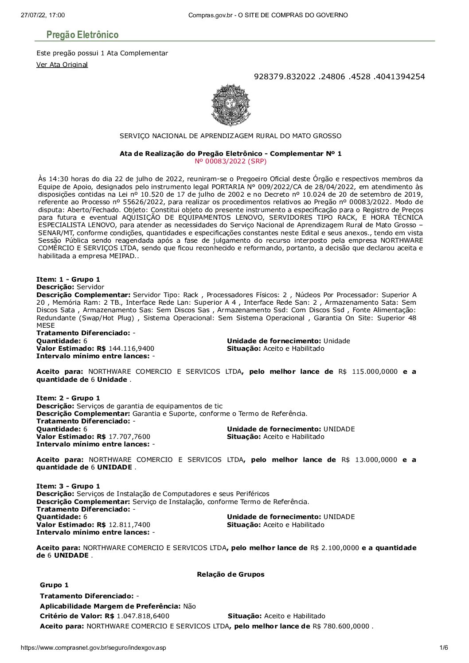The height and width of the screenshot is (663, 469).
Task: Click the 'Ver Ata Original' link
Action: [62, 65]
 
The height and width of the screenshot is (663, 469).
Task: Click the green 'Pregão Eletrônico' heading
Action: [82, 35]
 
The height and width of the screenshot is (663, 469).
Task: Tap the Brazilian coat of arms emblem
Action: [231, 105]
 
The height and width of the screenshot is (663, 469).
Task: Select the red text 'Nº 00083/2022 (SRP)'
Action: [231, 161]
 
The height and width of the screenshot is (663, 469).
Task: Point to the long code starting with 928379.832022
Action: [339, 77]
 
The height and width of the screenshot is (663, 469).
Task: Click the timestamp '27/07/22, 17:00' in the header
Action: [43, 15]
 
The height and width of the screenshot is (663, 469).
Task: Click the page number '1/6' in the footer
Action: [443, 647]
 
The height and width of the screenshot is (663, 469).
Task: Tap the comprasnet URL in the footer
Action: [93, 647]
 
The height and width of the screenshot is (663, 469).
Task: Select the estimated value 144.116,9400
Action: [131, 349]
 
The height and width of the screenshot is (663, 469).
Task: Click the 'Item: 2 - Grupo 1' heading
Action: [68, 398]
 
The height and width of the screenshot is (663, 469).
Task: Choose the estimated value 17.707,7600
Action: [129, 437]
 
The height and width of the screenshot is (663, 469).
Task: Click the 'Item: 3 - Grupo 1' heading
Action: [68, 486]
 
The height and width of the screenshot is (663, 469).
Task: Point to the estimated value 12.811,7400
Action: [129, 525]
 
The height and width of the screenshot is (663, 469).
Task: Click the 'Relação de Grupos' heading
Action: [231, 574]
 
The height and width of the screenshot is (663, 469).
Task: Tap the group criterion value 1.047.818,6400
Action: [143, 616]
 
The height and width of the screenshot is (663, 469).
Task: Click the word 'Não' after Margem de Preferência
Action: [190, 606]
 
